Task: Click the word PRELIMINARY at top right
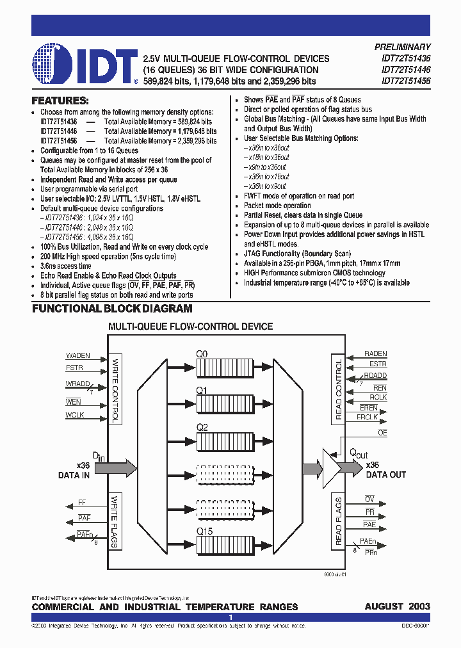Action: [x=402, y=47]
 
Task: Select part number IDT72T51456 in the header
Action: [x=406, y=81]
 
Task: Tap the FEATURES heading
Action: [x=60, y=101]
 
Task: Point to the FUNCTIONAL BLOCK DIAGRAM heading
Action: [x=112, y=309]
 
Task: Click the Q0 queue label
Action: [x=202, y=353]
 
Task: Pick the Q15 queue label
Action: [x=203, y=531]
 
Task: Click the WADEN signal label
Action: [x=78, y=355]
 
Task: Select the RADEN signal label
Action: [x=375, y=353]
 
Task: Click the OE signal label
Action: [x=382, y=433]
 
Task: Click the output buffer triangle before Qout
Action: [x=332, y=467]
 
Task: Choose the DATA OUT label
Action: [x=386, y=475]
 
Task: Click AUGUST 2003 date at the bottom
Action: [x=398, y=606]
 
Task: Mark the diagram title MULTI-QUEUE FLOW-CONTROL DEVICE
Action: [x=190, y=327]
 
